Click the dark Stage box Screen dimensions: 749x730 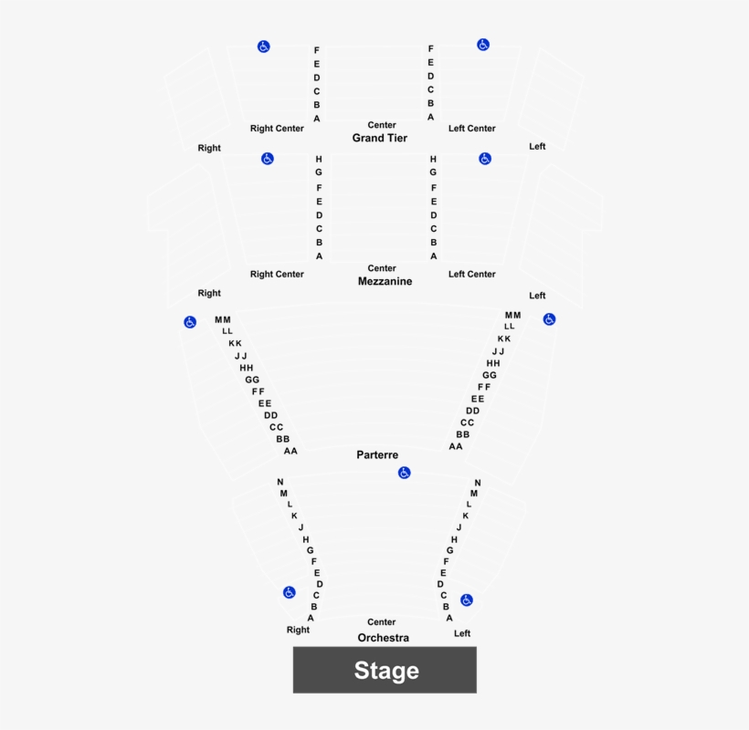click(385, 670)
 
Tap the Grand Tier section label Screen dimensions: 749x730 click(380, 138)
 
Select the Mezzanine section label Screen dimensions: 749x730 click(385, 281)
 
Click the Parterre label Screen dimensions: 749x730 click(377, 454)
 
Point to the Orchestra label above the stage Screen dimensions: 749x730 click(383, 638)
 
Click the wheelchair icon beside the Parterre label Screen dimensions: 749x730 click(404, 473)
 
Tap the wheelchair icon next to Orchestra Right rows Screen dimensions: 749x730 click(289, 592)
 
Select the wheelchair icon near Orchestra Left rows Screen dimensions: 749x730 click(467, 600)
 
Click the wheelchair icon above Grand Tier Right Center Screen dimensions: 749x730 click(264, 47)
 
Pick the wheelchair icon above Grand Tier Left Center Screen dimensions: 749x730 click(483, 45)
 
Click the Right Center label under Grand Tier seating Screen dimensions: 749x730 click(277, 129)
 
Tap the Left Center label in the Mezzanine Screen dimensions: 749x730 click(472, 275)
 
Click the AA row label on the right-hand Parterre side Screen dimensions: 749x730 click(456, 446)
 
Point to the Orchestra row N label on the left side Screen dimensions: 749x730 click(280, 482)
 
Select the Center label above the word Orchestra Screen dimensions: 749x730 click(382, 622)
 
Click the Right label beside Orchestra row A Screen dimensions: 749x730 click(298, 630)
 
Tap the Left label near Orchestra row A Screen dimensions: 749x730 click(462, 633)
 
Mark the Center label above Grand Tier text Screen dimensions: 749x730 click(382, 125)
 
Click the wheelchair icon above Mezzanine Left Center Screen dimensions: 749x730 click(485, 159)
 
